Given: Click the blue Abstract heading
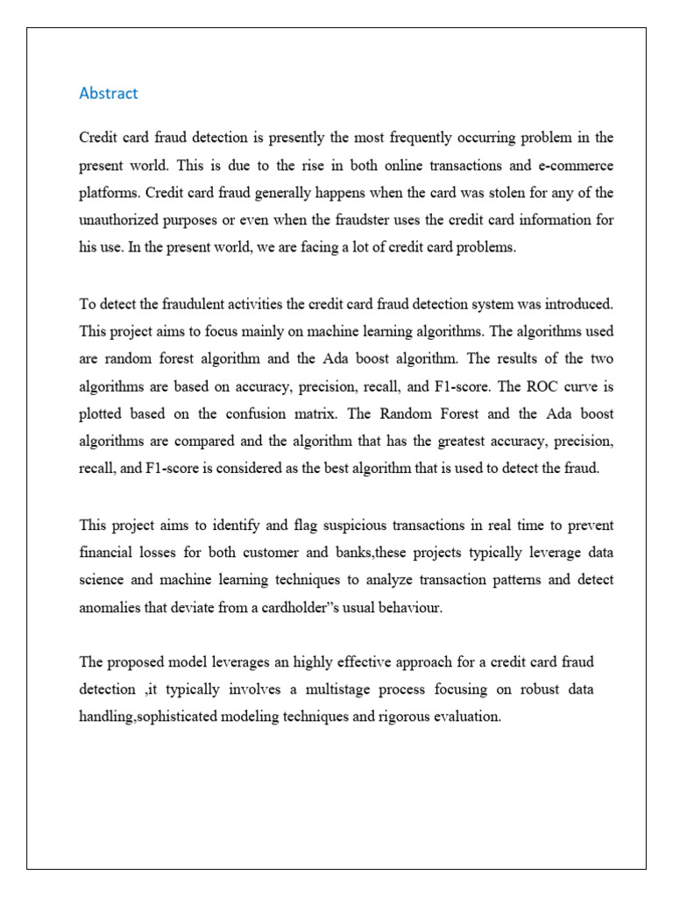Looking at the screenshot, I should coord(109,93).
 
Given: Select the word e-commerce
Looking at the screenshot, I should coord(575,166).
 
